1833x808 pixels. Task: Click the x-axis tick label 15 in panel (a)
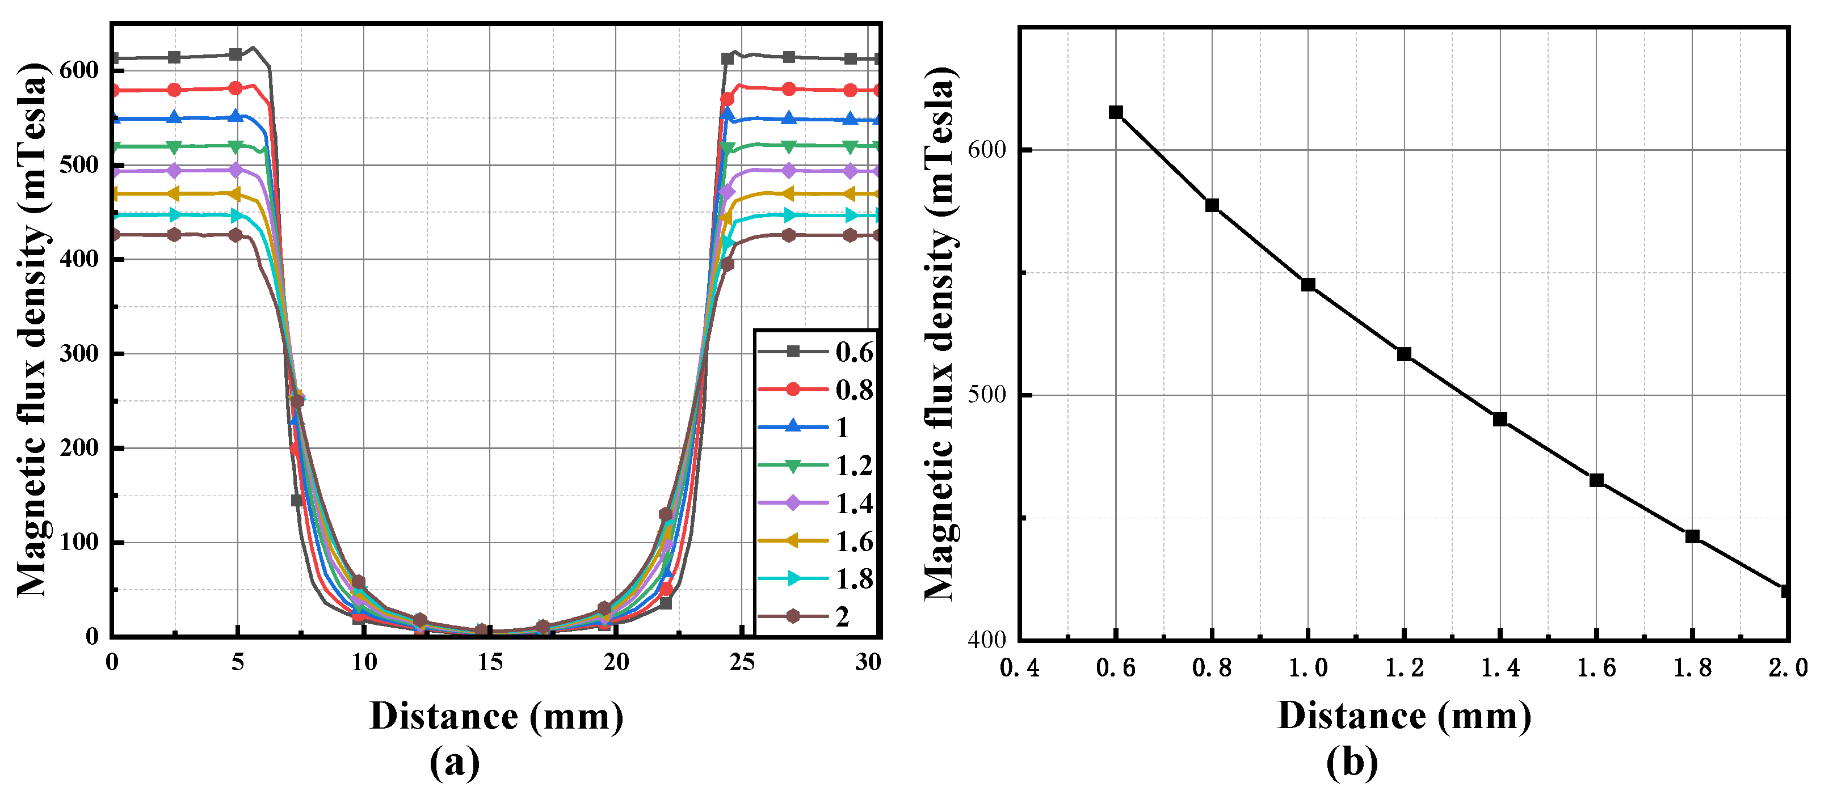coord(490,663)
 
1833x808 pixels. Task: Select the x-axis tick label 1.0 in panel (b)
coord(1308,668)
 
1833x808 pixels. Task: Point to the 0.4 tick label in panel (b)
coord(1019,668)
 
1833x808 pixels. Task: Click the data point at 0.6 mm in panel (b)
coord(1116,112)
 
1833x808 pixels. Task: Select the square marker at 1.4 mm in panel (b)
coord(1500,420)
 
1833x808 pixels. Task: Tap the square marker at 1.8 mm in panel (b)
coord(1692,536)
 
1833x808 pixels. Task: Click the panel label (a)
coord(455,763)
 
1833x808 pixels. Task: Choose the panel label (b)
coord(1352,763)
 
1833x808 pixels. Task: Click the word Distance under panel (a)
coord(444,717)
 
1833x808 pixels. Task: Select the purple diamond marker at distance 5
coord(236,170)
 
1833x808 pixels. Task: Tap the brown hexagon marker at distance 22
coord(665,514)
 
